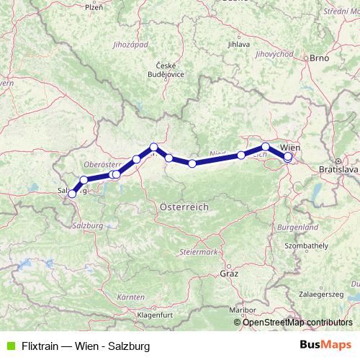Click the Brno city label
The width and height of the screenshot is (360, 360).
click(x=319, y=58)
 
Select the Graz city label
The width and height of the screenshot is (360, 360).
click(x=228, y=274)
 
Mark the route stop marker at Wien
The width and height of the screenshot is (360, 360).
click(x=288, y=156)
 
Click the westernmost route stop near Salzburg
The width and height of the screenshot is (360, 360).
click(x=72, y=194)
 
